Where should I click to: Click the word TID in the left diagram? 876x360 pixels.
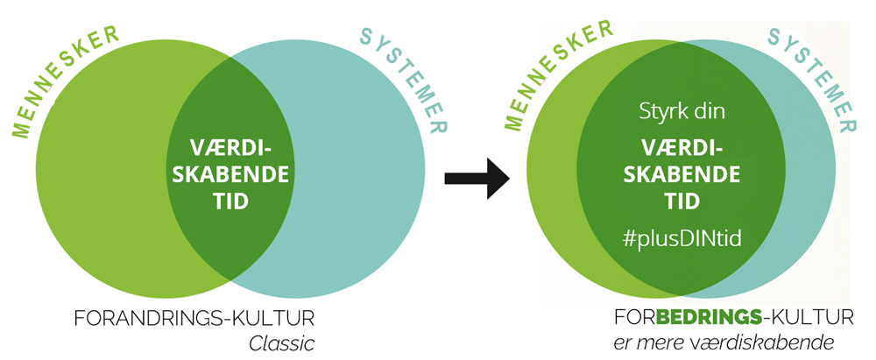229,201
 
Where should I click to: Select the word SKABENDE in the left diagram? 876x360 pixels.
229,173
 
